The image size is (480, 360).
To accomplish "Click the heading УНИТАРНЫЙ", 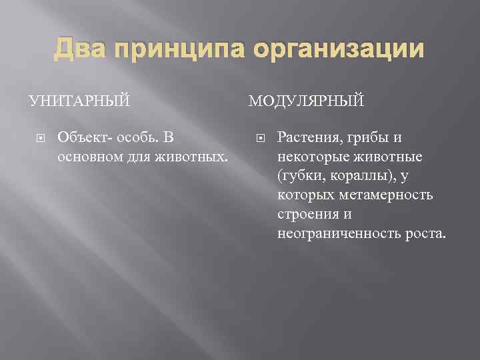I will coord(79,101).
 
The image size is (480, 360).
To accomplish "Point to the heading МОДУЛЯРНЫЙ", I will coord(307,101).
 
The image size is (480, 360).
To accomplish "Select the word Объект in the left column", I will coord(79,138).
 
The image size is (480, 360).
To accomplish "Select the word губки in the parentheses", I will coord(297,177).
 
